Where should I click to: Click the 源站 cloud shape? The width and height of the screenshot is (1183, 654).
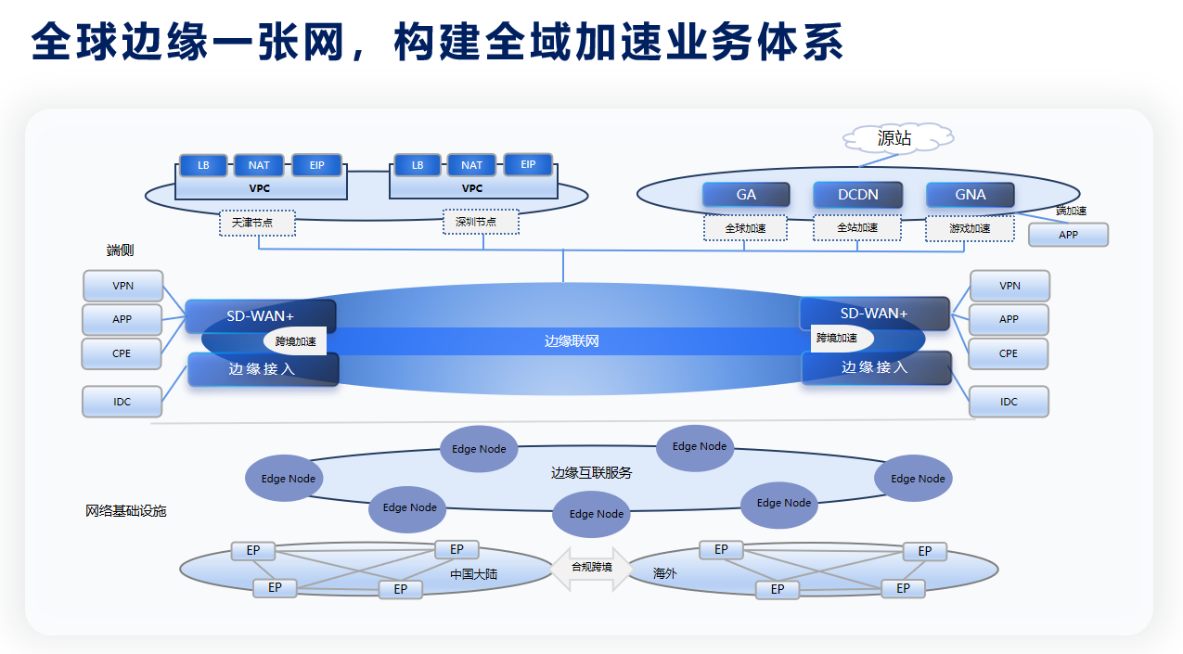coord(895,139)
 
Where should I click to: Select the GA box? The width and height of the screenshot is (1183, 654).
coord(746,195)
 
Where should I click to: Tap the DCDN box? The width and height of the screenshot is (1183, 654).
coord(857,195)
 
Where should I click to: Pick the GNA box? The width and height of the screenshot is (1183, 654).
coord(970,195)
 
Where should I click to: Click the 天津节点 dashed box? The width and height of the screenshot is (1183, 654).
coord(257,223)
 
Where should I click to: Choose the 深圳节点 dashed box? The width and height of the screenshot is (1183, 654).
coord(481,222)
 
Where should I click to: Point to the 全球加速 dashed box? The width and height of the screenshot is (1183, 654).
coord(745,228)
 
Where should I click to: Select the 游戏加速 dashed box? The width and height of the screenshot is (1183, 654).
coord(970,228)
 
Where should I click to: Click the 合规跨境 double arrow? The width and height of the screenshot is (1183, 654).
coord(591,567)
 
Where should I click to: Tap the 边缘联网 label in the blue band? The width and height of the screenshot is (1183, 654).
coord(572,341)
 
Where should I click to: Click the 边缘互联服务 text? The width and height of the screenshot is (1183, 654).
coord(591,472)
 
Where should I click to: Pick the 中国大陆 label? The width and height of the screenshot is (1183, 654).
coord(473,574)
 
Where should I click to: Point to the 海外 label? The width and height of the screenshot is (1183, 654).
coord(665,574)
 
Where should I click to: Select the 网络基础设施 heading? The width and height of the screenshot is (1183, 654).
coord(126,511)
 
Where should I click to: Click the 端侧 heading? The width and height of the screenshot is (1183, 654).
coord(121,250)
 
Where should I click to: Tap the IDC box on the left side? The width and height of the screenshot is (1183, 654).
coord(122,402)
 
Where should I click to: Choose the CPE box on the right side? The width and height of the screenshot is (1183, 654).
coord(1009,353)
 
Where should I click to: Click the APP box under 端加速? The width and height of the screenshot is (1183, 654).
coord(1068,235)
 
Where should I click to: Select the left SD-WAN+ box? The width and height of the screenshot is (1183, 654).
coord(260,316)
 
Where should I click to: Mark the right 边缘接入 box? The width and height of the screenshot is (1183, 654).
coord(876,367)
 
